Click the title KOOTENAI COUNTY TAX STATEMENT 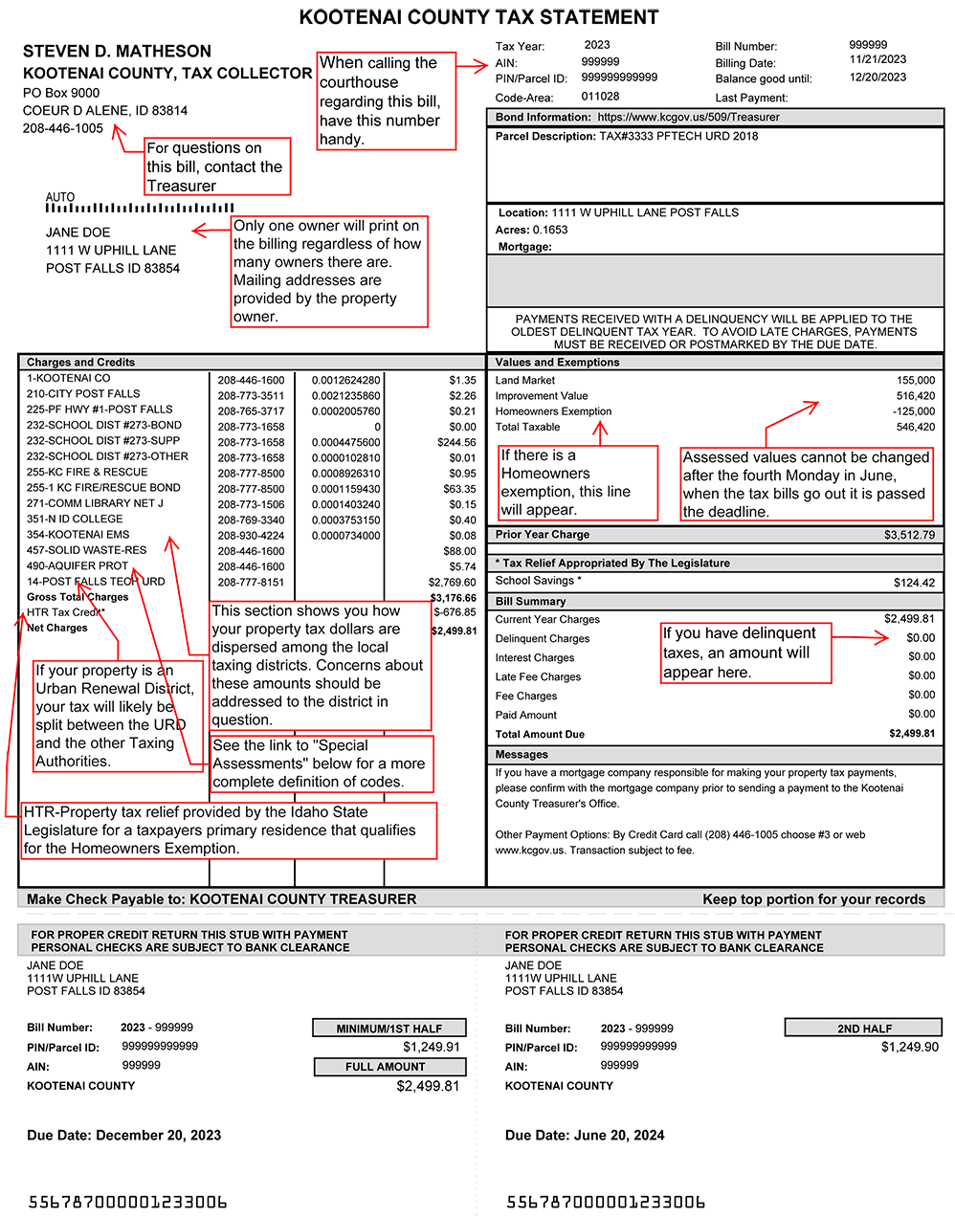[478, 17]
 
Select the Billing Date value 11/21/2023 [877, 59]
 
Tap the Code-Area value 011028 [600, 97]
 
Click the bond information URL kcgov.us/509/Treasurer [688, 118]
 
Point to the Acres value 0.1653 [550, 231]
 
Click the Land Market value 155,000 [916, 381]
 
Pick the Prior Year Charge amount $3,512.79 [909, 535]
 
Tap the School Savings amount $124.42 [914, 583]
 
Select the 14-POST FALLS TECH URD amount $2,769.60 [452, 583]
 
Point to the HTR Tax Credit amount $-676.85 [455, 612]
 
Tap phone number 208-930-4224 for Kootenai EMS [251, 536]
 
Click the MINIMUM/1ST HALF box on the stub [389, 1029]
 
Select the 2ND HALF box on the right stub [864, 1029]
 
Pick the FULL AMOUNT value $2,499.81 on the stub [428, 1087]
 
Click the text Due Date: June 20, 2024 [585, 1136]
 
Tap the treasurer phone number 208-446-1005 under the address [63, 128]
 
